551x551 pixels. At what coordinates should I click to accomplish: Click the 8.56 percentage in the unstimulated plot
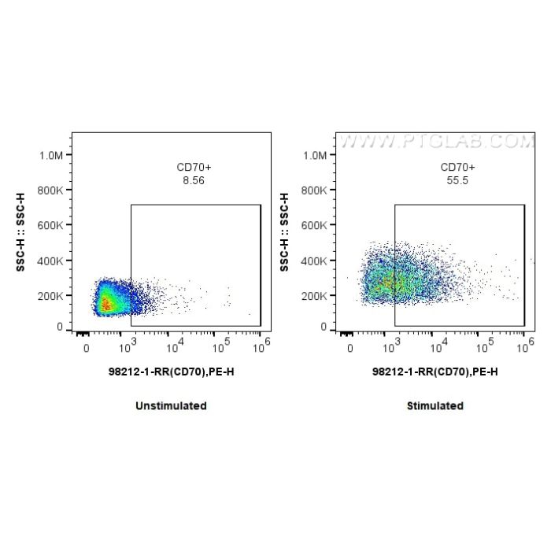[x=193, y=180]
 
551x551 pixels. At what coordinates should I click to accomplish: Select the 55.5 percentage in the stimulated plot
[x=457, y=180]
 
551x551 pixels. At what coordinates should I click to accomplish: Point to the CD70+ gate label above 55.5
[x=457, y=167]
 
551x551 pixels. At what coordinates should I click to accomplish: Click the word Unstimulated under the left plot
[x=171, y=406]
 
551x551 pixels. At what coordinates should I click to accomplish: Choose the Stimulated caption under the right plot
[x=435, y=406]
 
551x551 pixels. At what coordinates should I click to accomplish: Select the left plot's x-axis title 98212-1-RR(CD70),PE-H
[x=171, y=372]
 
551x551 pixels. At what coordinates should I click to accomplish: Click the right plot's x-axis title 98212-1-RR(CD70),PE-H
[x=435, y=372]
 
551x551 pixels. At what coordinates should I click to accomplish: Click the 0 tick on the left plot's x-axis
[x=87, y=346]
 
